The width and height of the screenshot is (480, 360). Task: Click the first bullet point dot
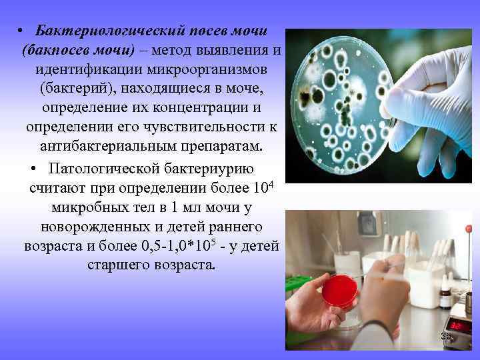22,32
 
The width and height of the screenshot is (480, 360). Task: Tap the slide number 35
445,337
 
